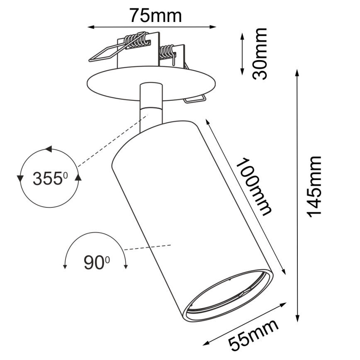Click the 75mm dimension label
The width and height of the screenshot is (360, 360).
(x=156, y=15)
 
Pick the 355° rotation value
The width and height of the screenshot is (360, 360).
(x=50, y=179)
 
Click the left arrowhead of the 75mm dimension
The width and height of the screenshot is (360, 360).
(x=91, y=28)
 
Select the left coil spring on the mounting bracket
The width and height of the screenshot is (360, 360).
(x=136, y=40)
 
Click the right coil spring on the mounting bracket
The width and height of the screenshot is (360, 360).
(x=167, y=53)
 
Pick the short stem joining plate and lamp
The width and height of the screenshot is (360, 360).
(x=151, y=104)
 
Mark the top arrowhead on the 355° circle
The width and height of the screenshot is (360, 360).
(x=49, y=149)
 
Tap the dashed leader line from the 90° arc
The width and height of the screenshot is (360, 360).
(x=148, y=248)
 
